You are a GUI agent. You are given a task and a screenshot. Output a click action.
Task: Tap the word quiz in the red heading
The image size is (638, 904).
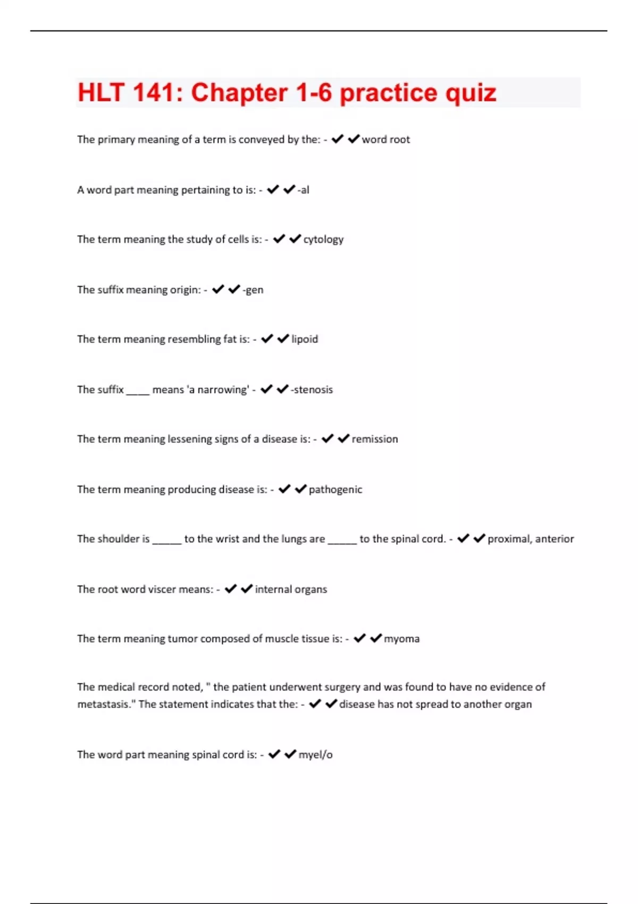pyautogui.click(x=471, y=93)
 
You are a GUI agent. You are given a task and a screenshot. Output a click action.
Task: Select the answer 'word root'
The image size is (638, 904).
pyautogui.click(x=386, y=139)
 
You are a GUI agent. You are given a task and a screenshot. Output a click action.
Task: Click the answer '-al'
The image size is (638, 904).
pyautogui.click(x=304, y=190)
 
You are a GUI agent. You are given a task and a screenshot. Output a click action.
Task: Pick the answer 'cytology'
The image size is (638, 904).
pyautogui.click(x=323, y=239)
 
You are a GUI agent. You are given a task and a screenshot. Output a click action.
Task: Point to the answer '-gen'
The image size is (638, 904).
pyautogui.click(x=253, y=290)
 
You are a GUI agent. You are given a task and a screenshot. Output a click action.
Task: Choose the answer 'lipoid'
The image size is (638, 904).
pyautogui.click(x=305, y=339)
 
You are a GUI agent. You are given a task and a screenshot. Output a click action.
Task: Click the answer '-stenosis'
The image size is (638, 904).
pyautogui.click(x=312, y=390)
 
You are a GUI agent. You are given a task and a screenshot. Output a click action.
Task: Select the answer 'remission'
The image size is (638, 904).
pyautogui.click(x=375, y=439)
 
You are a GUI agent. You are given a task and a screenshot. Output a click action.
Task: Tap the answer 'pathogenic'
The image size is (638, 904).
pyautogui.click(x=335, y=490)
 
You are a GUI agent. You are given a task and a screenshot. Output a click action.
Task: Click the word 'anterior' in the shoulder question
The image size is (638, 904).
pyautogui.click(x=555, y=539)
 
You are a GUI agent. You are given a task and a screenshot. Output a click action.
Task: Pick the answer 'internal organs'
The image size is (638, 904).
pyautogui.click(x=291, y=589)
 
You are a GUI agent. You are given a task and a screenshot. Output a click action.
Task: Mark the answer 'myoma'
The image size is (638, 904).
pyautogui.click(x=402, y=639)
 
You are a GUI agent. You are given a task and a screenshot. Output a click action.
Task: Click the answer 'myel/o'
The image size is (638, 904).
pyautogui.click(x=315, y=755)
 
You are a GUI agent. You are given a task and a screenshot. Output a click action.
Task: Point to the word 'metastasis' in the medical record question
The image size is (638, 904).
pyautogui.click(x=105, y=704)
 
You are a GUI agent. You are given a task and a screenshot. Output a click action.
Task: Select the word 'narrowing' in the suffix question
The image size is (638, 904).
pyautogui.click(x=222, y=390)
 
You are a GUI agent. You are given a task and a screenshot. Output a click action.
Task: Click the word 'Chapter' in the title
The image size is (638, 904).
pyautogui.click(x=239, y=93)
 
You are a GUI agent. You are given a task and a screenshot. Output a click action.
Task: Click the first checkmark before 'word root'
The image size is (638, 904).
pyautogui.click(x=337, y=139)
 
